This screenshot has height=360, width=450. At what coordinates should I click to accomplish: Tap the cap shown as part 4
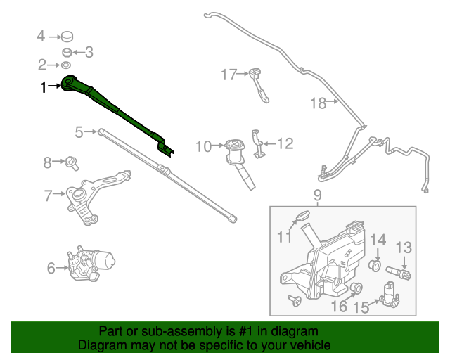68,36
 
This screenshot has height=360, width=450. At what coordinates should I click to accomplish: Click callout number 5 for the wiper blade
79,131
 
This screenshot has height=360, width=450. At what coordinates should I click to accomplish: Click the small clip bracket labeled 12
260,145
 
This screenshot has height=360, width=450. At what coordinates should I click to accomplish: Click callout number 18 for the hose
319,103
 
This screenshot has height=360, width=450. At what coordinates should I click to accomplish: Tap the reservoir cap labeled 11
300,216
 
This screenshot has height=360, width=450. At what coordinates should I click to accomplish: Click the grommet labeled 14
375,266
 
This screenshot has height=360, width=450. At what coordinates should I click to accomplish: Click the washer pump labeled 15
388,295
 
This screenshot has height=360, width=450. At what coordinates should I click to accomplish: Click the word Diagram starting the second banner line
100,346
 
